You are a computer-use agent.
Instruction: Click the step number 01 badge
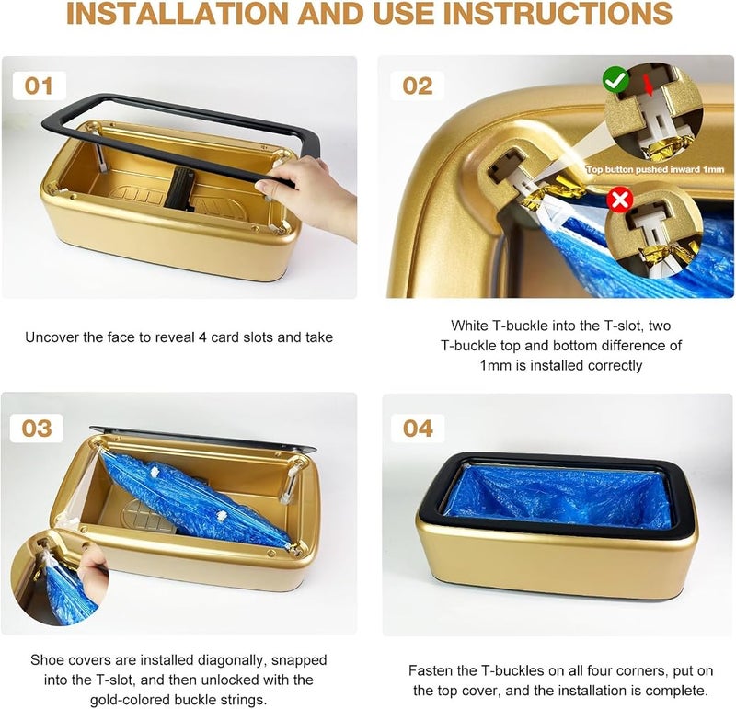(39, 86)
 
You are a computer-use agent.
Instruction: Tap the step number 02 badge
(418, 86)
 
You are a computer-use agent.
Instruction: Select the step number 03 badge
(37, 429)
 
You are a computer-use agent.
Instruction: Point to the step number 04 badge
(418, 429)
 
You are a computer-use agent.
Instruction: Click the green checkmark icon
(615, 79)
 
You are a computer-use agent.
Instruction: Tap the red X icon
(619, 200)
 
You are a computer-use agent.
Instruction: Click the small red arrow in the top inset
(649, 86)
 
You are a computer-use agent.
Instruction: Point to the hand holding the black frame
(307, 195)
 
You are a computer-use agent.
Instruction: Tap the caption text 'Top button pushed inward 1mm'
(655, 169)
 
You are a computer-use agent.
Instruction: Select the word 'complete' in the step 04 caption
(676, 691)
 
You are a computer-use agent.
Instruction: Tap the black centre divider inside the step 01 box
(179, 188)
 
